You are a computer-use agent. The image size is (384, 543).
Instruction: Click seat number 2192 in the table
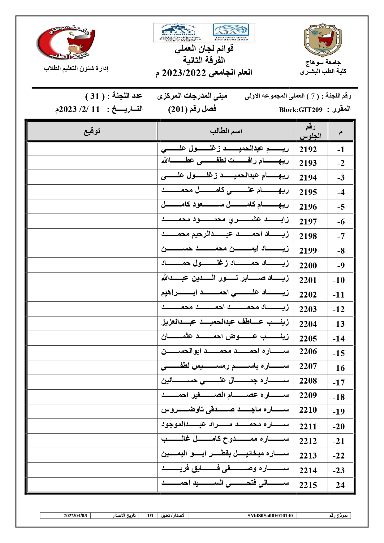pyautogui.click(x=308, y=150)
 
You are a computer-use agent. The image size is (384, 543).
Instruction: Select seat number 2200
pyautogui.click(x=308, y=265)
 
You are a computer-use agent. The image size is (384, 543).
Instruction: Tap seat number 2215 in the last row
pyautogui.click(x=308, y=485)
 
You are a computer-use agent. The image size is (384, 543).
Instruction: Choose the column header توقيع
pyautogui.click(x=92, y=131)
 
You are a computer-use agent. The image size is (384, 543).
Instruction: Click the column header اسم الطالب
pyautogui.click(x=226, y=131)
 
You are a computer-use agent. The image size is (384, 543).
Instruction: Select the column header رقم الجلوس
pyautogui.click(x=310, y=131)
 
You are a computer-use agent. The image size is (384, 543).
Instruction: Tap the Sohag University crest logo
pyautogui.click(x=323, y=41)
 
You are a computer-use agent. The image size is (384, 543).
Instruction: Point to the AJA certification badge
pyautogui.click(x=231, y=32)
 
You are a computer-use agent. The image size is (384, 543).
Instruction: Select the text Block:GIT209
pyautogui.click(x=300, y=110)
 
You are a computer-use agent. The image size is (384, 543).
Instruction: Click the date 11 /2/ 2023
pyautogui.click(x=78, y=109)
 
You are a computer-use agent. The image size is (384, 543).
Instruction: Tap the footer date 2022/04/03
pyautogui.click(x=75, y=515)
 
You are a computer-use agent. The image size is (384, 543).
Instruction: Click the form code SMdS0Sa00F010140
pyautogui.click(x=270, y=515)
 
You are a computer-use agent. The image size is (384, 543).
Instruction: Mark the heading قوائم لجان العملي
pyautogui.click(x=204, y=49)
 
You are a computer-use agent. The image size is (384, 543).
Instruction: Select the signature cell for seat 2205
pyautogui.click(x=92, y=338)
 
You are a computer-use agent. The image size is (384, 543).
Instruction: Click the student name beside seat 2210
pyautogui.click(x=225, y=410)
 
